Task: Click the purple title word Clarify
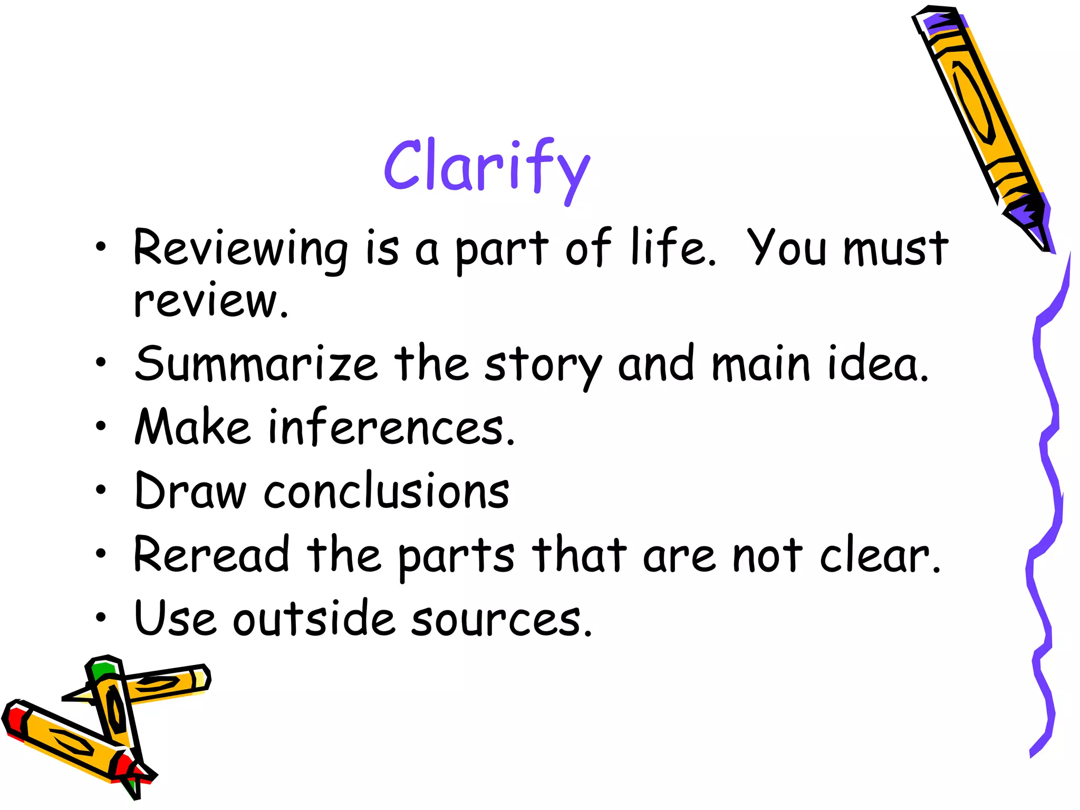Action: pyautogui.click(x=486, y=168)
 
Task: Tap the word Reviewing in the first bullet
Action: pyautogui.click(x=240, y=249)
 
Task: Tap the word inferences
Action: pyautogui.click(x=390, y=427)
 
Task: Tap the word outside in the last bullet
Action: pyautogui.click(x=314, y=618)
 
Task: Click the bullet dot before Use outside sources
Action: pyautogui.click(x=101, y=617)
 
